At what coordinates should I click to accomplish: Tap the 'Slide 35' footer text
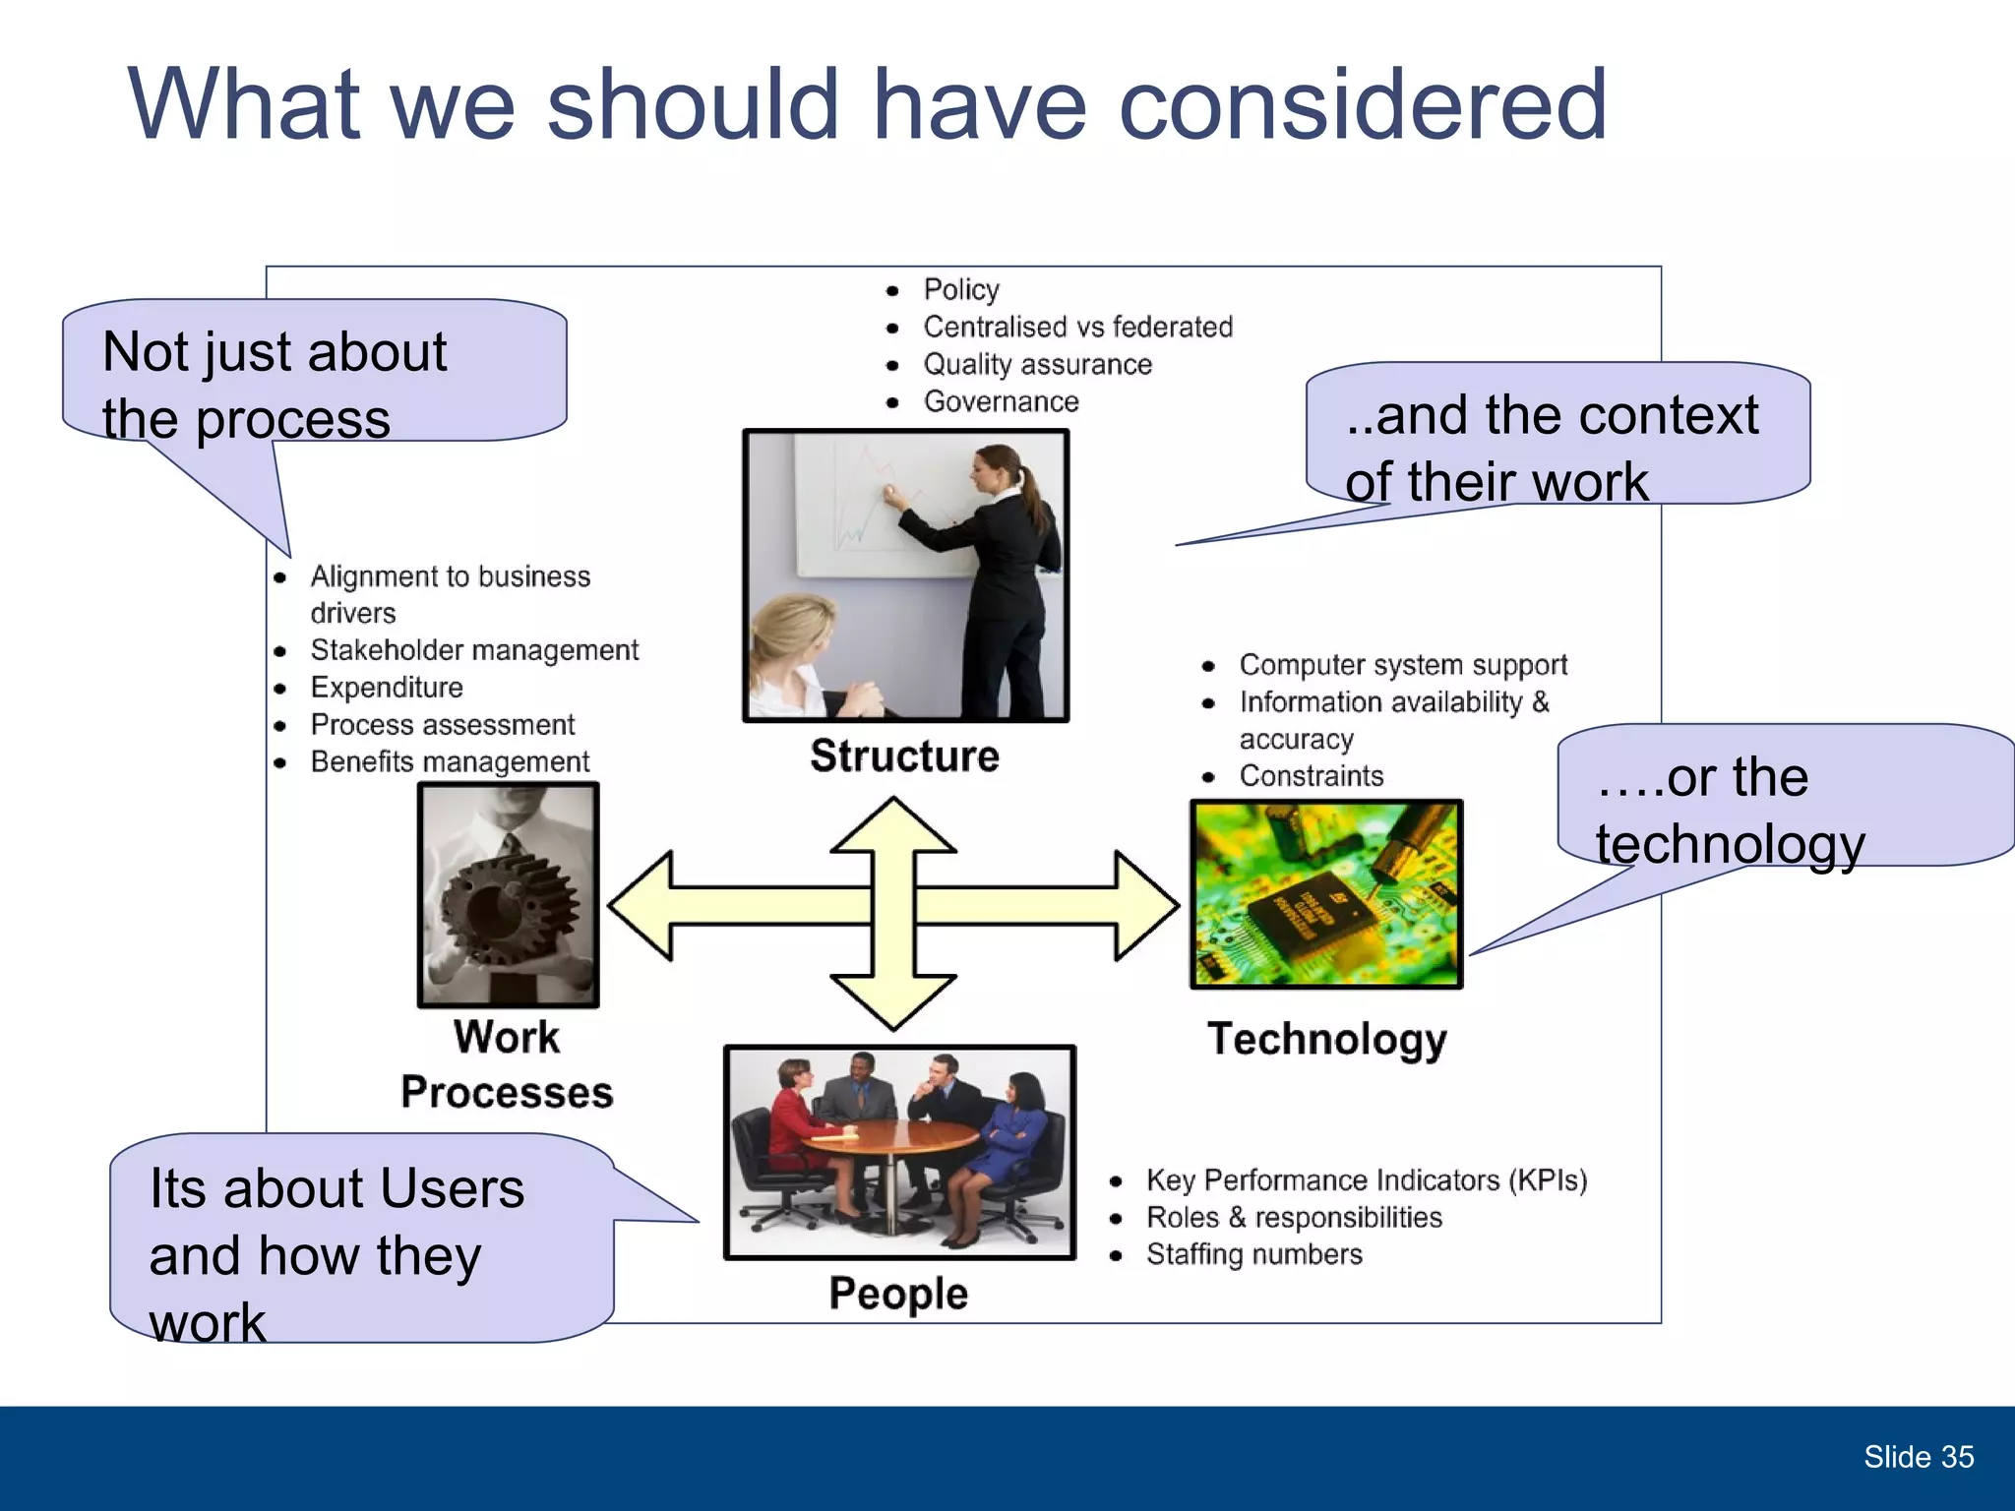coord(1918,1457)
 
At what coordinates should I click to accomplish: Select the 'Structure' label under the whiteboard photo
coord(904,755)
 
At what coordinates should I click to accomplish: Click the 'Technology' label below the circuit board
coord(1327,1039)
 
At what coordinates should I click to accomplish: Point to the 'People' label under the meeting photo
coord(898,1293)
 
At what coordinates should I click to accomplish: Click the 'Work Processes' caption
coord(507,1064)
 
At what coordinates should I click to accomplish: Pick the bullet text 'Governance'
coord(1001,401)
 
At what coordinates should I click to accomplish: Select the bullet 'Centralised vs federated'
coord(1077,327)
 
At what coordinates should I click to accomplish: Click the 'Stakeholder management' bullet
coord(474,650)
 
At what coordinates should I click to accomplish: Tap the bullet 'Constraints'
coord(1311,776)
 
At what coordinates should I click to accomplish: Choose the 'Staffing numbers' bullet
coord(1253,1254)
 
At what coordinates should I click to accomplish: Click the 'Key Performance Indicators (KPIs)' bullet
coord(1366,1179)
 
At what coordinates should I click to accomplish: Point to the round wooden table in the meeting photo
coord(890,1141)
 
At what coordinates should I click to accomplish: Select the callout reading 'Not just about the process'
coord(315,372)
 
